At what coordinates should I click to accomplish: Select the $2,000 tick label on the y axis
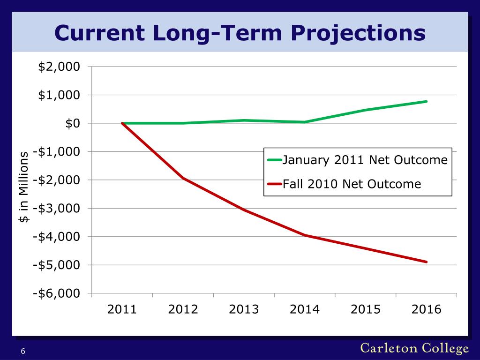coord(59,67)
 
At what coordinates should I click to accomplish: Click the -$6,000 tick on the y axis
coord(56,293)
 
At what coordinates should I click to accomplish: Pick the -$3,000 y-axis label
coord(56,208)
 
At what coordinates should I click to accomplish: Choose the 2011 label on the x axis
coord(122,309)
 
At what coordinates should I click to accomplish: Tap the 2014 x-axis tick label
coord(305,309)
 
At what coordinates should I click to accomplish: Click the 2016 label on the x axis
coord(426,309)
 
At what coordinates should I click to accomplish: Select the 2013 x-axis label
coord(244,309)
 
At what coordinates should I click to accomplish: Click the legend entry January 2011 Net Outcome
coord(365,160)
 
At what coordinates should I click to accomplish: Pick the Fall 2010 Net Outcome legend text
coord(352,184)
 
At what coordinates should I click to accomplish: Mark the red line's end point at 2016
coord(427,262)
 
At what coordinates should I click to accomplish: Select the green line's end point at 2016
coord(427,101)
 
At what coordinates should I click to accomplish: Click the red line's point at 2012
coord(183,178)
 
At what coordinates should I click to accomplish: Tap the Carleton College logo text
coord(414,348)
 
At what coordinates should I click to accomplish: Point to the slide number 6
coord(22,352)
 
